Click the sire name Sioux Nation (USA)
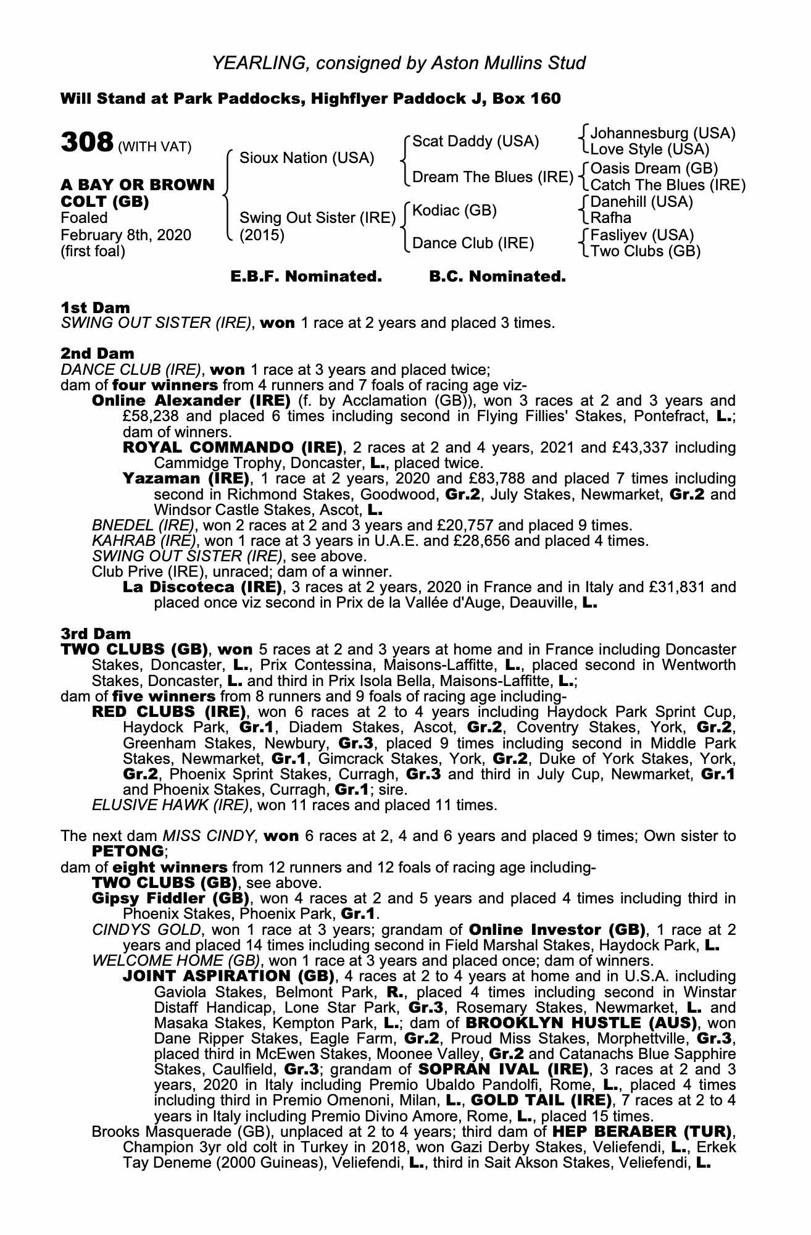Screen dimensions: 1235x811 click(307, 158)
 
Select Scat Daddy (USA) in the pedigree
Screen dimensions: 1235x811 click(475, 141)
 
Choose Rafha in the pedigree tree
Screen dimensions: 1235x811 click(611, 218)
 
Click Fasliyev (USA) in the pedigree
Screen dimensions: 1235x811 click(643, 235)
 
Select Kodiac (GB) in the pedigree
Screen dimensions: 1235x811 click(454, 211)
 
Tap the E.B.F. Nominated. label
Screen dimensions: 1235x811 click(306, 277)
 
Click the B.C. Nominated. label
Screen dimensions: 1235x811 click(497, 277)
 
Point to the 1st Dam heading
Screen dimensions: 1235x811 click(96, 308)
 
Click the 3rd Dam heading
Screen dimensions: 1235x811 click(96, 634)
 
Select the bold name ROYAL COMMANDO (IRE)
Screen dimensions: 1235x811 click(233, 447)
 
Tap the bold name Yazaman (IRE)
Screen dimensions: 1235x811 click(186, 479)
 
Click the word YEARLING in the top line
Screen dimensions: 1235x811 click(256, 62)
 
